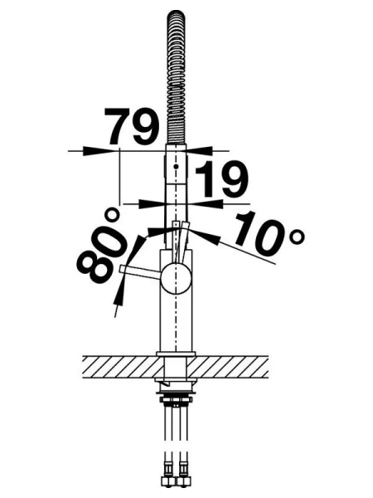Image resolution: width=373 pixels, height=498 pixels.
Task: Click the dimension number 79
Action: [x=133, y=126]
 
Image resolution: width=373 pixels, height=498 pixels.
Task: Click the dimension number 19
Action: [x=221, y=178]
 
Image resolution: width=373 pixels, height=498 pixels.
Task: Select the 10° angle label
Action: [x=269, y=234]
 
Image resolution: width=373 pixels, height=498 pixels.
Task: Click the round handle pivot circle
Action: [x=176, y=278]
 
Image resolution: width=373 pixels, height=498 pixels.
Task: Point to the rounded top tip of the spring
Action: [x=176, y=13]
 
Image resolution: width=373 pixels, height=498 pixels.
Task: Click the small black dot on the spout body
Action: [x=177, y=167]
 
